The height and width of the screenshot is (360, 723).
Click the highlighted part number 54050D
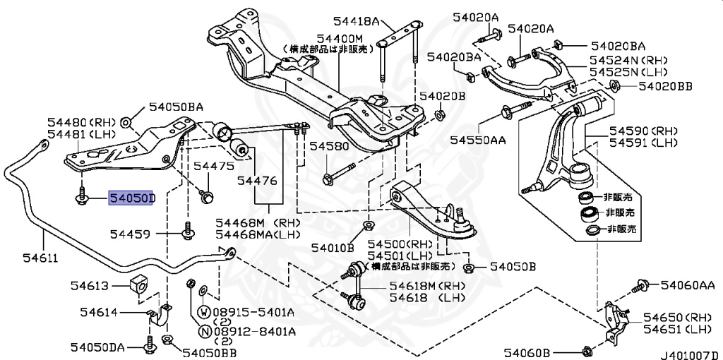pyautogui.click(x=131, y=199)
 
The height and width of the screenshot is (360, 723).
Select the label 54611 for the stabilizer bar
pyautogui.click(x=23, y=258)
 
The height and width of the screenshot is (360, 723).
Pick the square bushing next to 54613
pyautogui.click(x=139, y=284)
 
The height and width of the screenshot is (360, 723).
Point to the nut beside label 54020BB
pyautogui.click(x=612, y=87)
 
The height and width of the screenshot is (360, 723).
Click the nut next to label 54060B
pyautogui.click(x=587, y=350)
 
